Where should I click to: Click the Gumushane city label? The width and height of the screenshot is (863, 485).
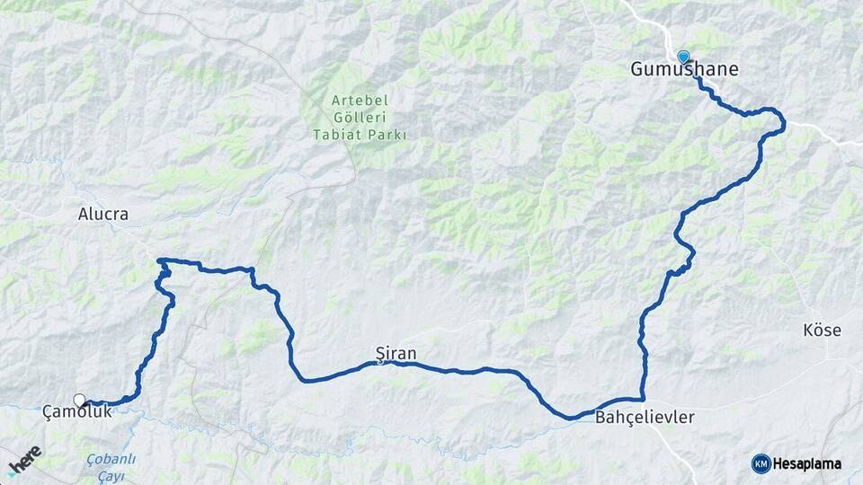684,69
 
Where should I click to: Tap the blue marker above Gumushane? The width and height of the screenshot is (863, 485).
683,57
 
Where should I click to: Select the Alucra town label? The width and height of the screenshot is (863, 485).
103,215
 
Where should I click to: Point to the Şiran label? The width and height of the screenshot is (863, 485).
396,354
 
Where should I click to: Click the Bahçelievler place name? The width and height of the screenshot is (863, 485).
645,418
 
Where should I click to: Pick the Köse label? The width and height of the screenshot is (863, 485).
822,331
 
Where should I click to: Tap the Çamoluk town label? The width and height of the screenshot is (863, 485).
77,411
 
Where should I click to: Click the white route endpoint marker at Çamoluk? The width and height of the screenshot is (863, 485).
80,400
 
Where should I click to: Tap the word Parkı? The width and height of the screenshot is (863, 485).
387,136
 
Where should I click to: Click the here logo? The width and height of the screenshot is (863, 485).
24,461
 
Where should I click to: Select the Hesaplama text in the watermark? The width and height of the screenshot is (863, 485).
807,463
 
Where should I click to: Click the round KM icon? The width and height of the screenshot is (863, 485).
761,463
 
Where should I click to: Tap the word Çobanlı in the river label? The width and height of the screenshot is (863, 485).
111,459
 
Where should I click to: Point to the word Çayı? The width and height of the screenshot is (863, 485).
111,475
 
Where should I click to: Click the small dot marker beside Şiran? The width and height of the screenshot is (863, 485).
380,363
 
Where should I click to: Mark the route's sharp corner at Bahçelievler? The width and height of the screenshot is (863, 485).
644,399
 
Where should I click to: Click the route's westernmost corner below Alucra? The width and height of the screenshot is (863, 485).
158,260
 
